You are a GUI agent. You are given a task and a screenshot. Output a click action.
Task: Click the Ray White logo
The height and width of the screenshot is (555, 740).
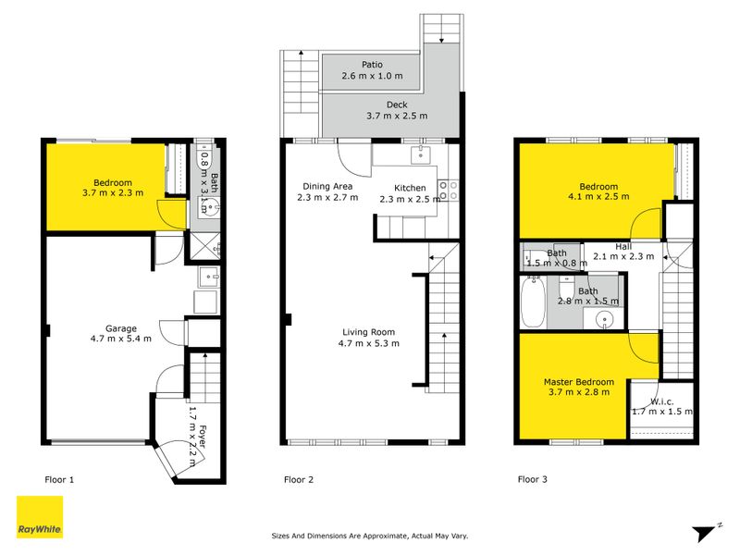click(x=40, y=517)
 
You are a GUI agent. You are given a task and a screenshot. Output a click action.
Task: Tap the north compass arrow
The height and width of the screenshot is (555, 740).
click(x=706, y=533)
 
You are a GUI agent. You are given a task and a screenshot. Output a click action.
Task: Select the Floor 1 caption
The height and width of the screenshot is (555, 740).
click(x=59, y=480)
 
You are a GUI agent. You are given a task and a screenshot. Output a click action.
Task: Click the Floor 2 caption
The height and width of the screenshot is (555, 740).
click(x=299, y=480)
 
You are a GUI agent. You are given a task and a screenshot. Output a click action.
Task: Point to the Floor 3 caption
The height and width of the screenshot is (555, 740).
click(x=533, y=479)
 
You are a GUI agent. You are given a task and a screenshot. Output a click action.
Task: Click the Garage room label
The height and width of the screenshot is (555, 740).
click(x=121, y=328)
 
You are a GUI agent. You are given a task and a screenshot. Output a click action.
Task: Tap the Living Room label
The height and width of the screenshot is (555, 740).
click(x=368, y=332)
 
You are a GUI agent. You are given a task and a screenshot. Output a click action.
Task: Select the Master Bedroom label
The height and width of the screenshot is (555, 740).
click(x=579, y=382)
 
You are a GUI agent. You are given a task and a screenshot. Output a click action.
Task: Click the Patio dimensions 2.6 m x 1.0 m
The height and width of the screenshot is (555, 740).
click(x=373, y=76)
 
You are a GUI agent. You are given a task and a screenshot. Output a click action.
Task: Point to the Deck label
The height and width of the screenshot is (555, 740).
click(x=397, y=105)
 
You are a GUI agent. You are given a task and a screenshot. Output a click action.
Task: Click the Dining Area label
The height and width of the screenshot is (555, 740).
click(x=327, y=187)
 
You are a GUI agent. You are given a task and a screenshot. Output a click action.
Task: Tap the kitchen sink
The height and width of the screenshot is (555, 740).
click(x=420, y=154)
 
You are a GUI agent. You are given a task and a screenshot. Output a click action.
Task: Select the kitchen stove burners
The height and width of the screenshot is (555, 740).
click(x=449, y=191)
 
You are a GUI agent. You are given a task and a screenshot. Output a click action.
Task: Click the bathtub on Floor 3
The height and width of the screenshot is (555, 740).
click(x=534, y=302)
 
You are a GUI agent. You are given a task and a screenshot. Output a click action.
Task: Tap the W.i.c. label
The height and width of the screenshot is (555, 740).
click(x=662, y=401)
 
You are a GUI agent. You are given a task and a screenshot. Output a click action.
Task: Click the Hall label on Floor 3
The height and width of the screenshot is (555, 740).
click(x=623, y=247)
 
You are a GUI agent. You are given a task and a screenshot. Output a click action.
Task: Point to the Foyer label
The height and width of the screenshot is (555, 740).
click(x=203, y=437)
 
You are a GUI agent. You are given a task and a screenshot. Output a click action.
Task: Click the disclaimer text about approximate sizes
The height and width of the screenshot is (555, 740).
click(x=370, y=536)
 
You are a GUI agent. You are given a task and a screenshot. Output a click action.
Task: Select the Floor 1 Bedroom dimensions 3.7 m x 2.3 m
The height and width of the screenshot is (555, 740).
click(x=113, y=193)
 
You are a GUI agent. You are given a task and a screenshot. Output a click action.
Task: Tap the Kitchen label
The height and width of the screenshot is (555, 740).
click(x=410, y=188)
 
